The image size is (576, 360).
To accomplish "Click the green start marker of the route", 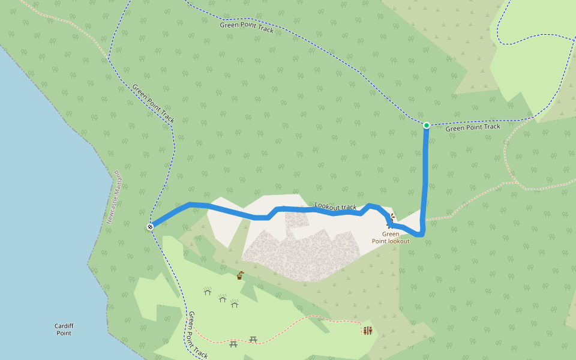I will pyautogui.click(x=426, y=125).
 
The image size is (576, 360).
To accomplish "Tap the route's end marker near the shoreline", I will pyautogui.click(x=150, y=226).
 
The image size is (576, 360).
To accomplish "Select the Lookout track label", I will pyautogui.click(x=335, y=206).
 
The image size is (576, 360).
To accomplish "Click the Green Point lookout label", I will pyautogui.click(x=391, y=238).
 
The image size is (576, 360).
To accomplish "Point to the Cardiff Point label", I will pyautogui.click(x=64, y=329).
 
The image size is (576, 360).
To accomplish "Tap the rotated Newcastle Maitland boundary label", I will pyautogui.click(x=114, y=197).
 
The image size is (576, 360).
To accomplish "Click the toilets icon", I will pyautogui.click(x=367, y=330).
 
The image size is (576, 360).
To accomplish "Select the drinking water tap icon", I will pyautogui.click(x=240, y=275).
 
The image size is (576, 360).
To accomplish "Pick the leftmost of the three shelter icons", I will pyautogui.click(x=208, y=291).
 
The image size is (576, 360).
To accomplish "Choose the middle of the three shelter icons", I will pyautogui.click(x=223, y=298).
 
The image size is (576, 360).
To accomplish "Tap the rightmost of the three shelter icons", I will pyautogui.click(x=235, y=304).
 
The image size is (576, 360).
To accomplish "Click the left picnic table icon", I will pyautogui.click(x=233, y=343).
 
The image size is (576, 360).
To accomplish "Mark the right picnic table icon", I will pyautogui.click(x=253, y=340).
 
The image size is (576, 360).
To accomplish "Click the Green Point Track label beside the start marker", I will pyautogui.click(x=473, y=127).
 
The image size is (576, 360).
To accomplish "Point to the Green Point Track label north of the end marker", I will pyautogui.click(x=154, y=104).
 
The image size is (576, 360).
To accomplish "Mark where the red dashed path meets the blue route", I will pyautogui.click(x=424, y=219).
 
